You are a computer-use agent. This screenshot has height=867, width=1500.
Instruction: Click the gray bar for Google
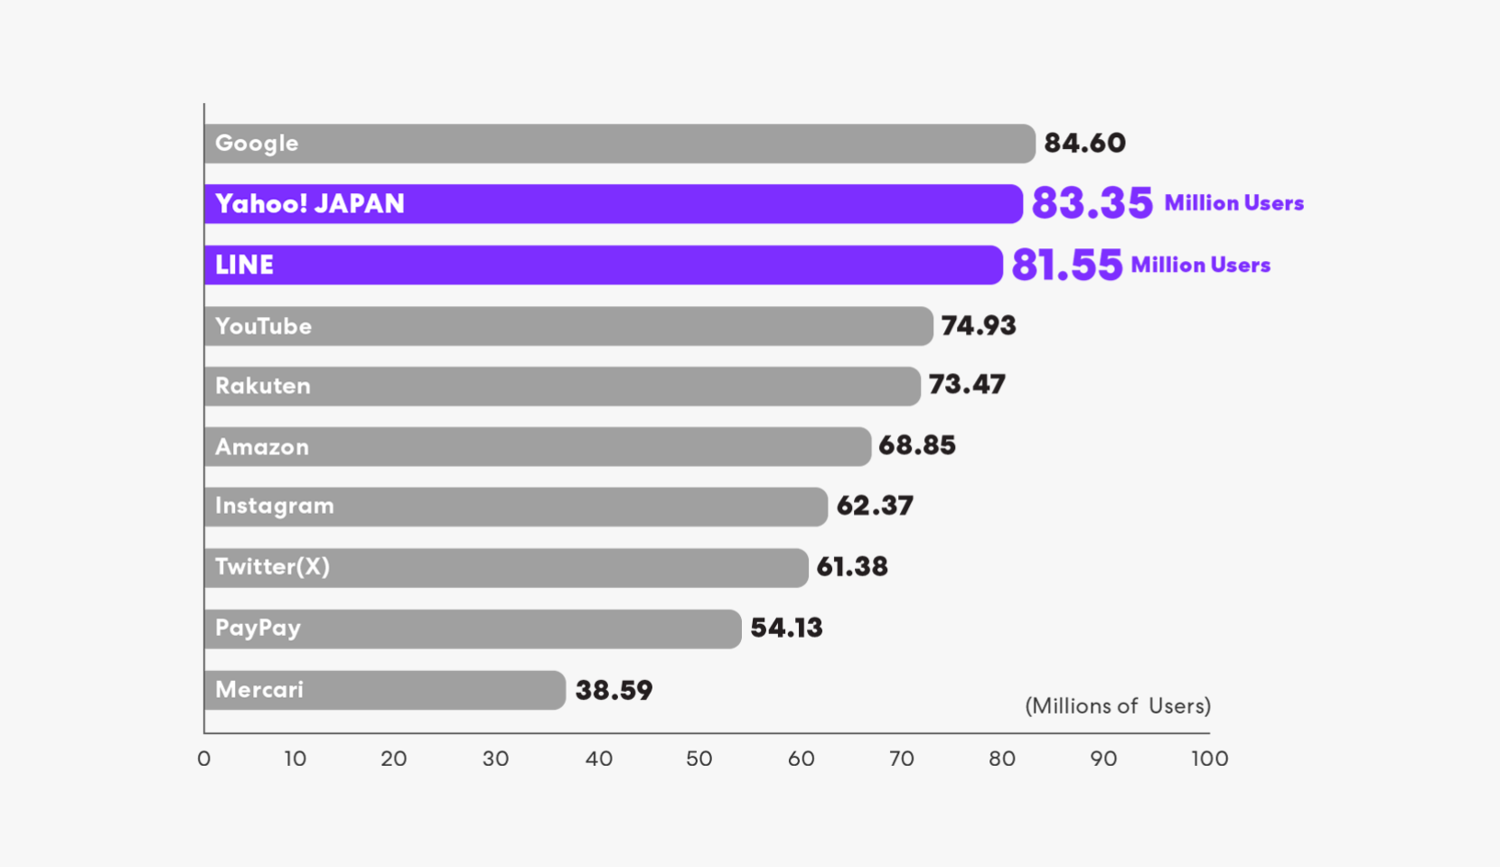click(x=620, y=144)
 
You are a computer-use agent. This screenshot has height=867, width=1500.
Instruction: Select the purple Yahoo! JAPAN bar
click(x=614, y=204)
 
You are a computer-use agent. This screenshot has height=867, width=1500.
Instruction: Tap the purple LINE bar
click(x=604, y=265)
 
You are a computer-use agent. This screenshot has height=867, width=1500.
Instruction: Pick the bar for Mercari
click(x=385, y=690)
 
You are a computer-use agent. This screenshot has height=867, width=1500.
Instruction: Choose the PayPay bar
click(x=473, y=629)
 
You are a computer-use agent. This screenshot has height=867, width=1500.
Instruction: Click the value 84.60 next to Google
click(x=1084, y=143)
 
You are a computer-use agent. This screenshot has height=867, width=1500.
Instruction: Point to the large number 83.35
click(x=1092, y=203)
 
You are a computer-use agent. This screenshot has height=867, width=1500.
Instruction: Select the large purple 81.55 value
click(x=1066, y=265)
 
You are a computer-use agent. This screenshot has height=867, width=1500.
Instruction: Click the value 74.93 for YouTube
click(x=979, y=325)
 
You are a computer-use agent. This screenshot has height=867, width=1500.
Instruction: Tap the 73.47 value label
click(x=967, y=385)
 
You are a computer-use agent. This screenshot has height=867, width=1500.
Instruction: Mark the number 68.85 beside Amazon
click(x=917, y=445)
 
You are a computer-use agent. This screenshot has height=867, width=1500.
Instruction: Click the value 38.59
click(x=614, y=690)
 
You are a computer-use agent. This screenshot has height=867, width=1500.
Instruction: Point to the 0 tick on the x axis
click(x=204, y=759)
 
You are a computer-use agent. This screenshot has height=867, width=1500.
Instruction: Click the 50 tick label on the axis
click(x=698, y=759)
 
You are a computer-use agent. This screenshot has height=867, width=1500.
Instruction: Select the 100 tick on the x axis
click(x=1209, y=759)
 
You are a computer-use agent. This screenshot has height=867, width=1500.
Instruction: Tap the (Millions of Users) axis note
click(x=1118, y=705)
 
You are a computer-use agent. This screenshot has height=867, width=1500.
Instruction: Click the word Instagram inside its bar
click(x=275, y=506)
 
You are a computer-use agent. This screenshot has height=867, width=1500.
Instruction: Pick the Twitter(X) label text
click(x=272, y=566)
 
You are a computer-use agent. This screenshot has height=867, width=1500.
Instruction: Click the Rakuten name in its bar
click(x=263, y=386)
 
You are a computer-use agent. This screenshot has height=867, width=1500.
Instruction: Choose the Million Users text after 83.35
click(x=1233, y=203)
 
